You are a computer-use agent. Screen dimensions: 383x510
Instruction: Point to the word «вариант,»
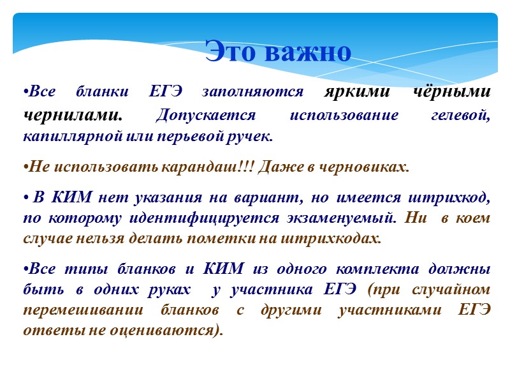click(x=284, y=197)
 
